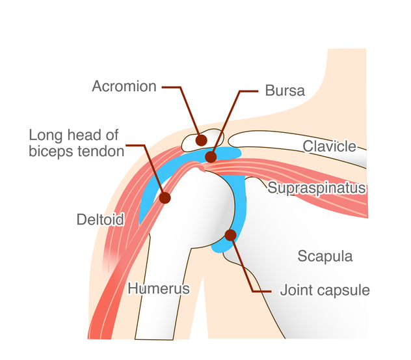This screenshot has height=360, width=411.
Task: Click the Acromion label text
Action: click(x=124, y=86)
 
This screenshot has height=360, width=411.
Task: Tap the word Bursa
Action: click(x=285, y=90)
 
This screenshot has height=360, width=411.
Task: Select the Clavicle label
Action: click(x=330, y=146)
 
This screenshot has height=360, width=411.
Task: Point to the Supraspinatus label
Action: click(x=317, y=188)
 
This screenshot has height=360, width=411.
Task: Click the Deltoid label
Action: click(x=100, y=219)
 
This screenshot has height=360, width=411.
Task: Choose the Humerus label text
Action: click(x=159, y=288)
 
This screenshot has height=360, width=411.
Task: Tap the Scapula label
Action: click(x=325, y=256)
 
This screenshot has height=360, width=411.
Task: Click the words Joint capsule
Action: click(x=325, y=290)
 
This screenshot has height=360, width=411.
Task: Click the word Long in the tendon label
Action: click(x=46, y=135)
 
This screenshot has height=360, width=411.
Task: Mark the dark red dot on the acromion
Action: click(x=201, y=140)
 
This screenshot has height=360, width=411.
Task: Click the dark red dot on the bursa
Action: click(x=211, y=157)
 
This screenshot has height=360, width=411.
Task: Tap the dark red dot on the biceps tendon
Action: click(x=165, y=198)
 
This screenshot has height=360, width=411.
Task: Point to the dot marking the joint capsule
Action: click(x=231, y=235)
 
